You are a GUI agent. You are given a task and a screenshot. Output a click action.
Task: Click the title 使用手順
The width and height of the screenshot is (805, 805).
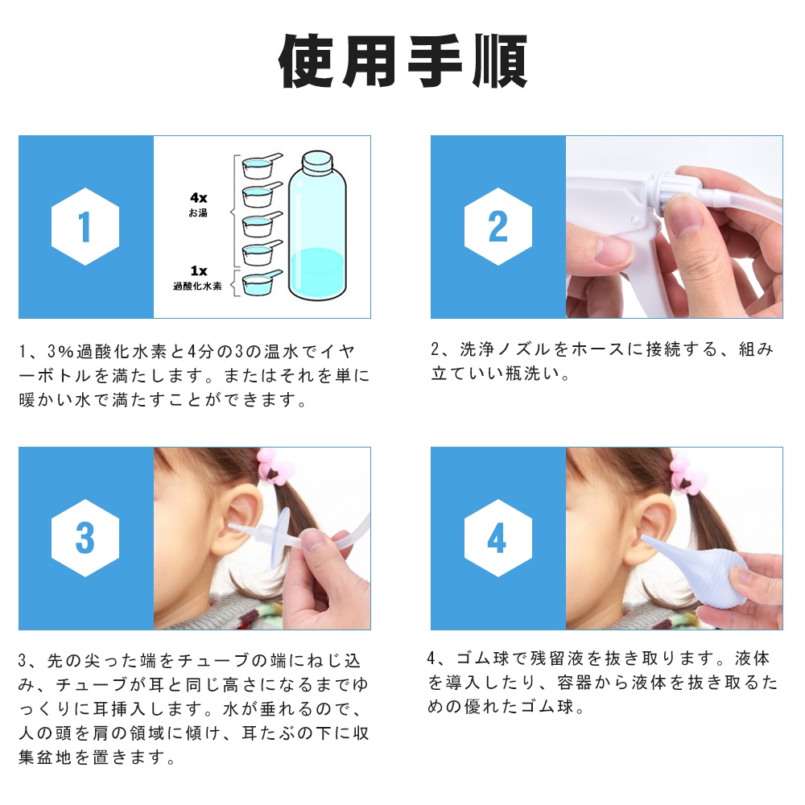402,60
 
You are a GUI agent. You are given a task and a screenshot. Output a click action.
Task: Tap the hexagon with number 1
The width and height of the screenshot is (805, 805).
85,226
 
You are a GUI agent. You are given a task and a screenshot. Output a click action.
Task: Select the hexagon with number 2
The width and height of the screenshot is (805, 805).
498,226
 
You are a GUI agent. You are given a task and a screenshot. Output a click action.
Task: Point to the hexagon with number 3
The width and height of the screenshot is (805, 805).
85,538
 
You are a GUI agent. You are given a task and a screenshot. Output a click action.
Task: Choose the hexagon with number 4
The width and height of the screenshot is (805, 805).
498,538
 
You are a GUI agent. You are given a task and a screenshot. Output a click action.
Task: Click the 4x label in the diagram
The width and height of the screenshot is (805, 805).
199,198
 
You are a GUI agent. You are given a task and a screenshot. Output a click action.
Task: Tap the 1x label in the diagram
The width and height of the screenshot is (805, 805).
199,270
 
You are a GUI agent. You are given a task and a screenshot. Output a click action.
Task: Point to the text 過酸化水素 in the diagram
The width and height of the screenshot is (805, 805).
198,287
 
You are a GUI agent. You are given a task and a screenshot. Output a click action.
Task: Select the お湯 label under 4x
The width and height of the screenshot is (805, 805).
198,213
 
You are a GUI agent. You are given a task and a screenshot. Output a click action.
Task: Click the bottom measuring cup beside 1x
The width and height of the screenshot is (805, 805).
262,284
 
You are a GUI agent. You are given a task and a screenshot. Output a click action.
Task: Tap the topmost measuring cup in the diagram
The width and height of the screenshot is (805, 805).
262,165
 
